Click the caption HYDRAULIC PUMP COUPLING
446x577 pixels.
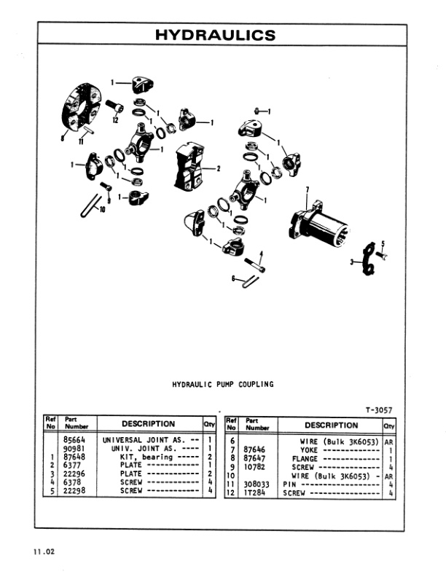(x=222, y=385)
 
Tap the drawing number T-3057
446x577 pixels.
(x=378, y=410)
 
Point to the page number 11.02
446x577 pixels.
(x=44, y=551)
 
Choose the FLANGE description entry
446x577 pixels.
(x=305, y=459)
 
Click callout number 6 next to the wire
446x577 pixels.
(x=232, y=278)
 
